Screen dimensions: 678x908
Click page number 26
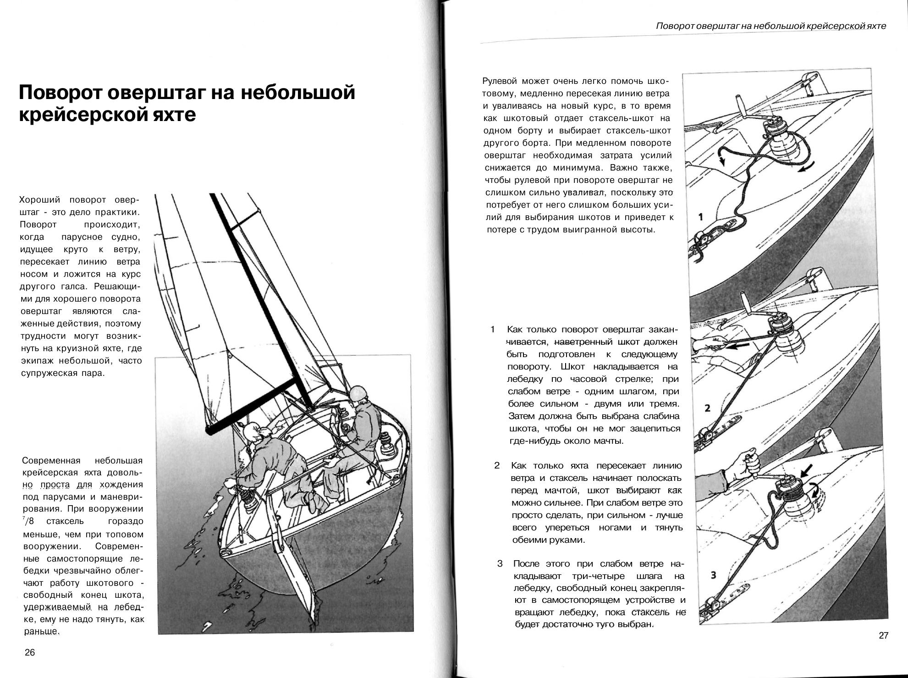tap(30, 653)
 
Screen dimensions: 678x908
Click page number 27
tap(884, 635)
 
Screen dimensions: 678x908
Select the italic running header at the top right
tap(771, 26)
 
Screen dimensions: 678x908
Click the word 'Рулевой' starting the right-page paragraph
tap(500, 82)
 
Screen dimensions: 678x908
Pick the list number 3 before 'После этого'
tap(500, 563)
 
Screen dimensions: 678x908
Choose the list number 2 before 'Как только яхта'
tap(497, 465)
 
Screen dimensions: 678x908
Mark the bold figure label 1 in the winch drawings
tap(701, 216)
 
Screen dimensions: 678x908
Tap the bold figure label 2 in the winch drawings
tap(707, 408)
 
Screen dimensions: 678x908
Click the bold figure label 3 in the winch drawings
tap(713, 575)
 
